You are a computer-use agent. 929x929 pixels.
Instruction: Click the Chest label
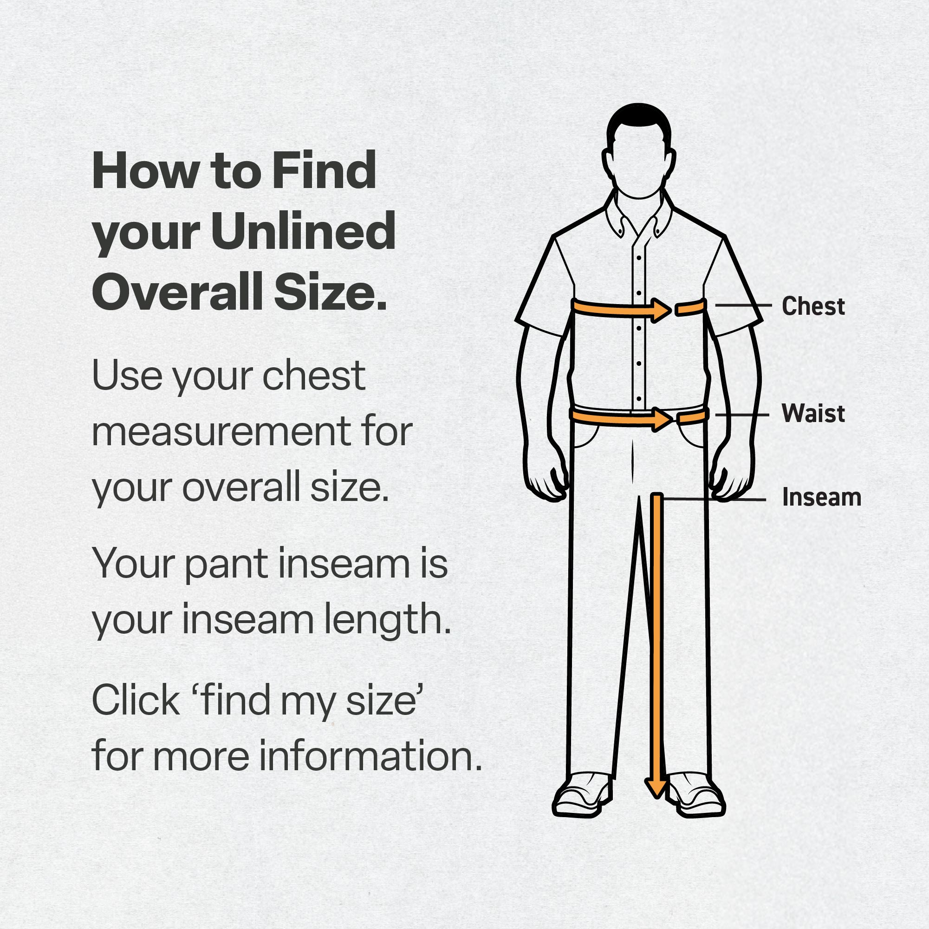(x=813, y=306)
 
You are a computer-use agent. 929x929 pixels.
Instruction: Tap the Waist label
(x=813, y=413)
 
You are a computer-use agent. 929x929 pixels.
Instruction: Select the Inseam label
(x=821, y=497)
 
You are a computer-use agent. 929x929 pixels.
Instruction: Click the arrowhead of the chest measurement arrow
(x=662, y=310)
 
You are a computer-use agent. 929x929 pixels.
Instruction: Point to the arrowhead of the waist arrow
(x=662, y=419)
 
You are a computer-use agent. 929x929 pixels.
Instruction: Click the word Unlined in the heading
(x=303, y=232)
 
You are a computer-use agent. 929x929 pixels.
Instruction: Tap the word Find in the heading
(x=324, y=170)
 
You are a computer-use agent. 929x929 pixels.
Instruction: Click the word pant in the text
(x=226, y=565)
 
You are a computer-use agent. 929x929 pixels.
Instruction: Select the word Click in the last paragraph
(x=136, y=700)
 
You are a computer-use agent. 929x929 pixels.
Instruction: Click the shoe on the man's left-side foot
(x=582, y=794)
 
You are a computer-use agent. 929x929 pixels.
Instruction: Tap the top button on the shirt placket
(x=638, y=258)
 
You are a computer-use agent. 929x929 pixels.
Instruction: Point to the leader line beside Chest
(x=743, y=305)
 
